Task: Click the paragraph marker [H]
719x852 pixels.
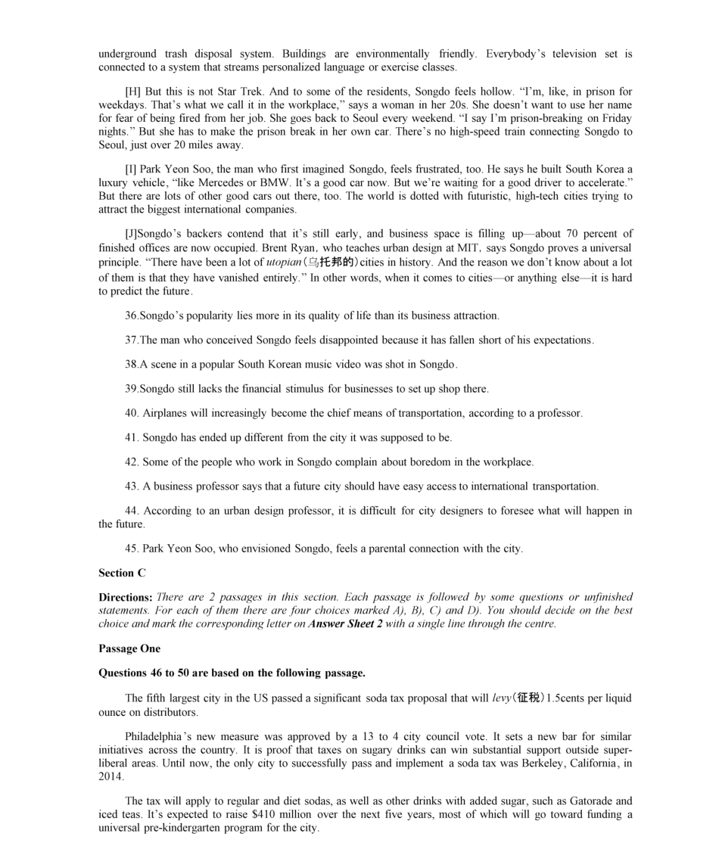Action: pyautogui.click(x=132, y=92)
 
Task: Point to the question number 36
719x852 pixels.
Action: pyautogui.click(x=131, y=316)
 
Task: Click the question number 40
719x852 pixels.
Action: pyautogui.click(x=131, y=414)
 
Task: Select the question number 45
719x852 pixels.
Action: pyautogui.click(x=131, y=549)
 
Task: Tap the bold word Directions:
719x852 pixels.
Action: pyautogui.click(x=126, y=597)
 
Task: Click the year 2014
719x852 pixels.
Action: pyautogui.click(x=110, y=777)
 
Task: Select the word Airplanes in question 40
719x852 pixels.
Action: pyautogui.click(x=164, y=414)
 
